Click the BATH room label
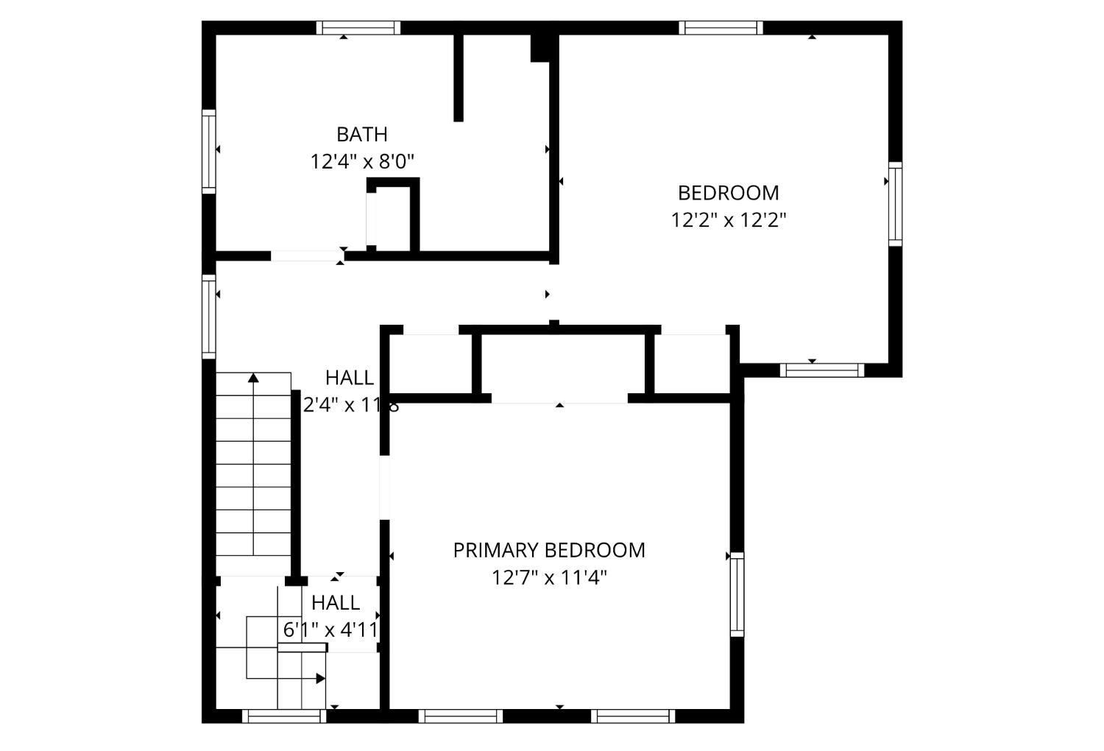361,135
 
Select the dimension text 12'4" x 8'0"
362,162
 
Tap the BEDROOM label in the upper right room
728,193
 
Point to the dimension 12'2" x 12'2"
729,220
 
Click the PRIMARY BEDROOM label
549,551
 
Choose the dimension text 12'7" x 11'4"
549,578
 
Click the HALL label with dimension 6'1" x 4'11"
336,603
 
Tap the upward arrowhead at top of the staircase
253,378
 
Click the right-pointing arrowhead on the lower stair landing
320,678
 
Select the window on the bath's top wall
358,28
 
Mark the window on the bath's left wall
209,152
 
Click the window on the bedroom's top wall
721,28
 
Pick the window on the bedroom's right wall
895,204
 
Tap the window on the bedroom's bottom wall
822,370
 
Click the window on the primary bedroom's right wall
737,594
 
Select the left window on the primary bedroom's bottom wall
461,716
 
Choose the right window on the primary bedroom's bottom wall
633,716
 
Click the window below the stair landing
284,716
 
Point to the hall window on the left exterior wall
209,317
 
